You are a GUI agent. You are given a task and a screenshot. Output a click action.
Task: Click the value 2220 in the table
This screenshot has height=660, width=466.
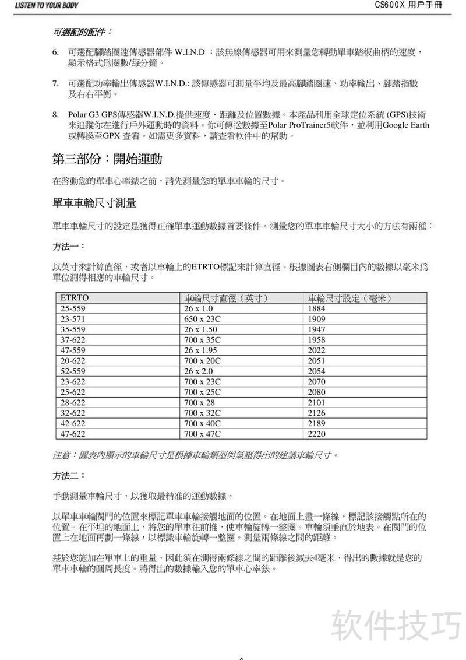coord(316,434)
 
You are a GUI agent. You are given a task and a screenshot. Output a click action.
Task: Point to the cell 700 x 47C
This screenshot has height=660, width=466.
coord(199,434)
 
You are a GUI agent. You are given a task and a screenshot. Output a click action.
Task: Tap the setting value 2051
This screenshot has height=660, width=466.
coord(316,361)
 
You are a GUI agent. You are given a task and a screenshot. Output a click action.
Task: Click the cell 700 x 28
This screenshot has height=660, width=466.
coord(196,402)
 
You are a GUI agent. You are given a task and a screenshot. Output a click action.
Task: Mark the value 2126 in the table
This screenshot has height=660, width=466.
coord(316,413)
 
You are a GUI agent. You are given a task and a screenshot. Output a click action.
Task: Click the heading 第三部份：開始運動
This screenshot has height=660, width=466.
coord(107,159)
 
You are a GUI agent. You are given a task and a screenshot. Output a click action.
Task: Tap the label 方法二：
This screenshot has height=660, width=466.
coord(69,476)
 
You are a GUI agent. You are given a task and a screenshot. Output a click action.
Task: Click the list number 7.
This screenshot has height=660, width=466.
coord(55,84)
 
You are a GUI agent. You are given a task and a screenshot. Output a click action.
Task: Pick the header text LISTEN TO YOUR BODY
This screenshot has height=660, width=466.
coord(38,5)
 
